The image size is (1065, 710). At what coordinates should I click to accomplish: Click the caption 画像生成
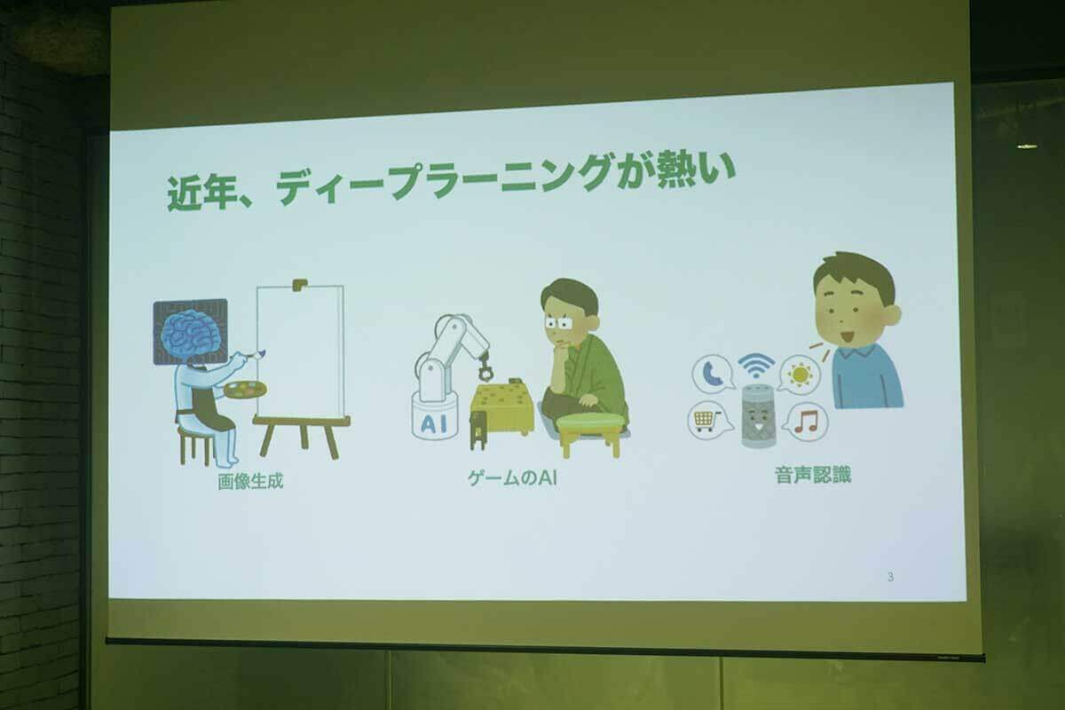click(x=250, y=483)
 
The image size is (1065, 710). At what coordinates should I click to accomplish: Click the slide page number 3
click(x=890, y=578)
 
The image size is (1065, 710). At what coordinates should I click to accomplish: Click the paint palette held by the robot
click(x=244, y=390)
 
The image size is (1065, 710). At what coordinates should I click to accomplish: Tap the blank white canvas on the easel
click(x=300, y=350)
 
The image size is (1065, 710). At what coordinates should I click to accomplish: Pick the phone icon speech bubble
click(x=714, y=373)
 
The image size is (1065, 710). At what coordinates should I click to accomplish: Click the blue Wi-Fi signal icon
click(x=756, y=364)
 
